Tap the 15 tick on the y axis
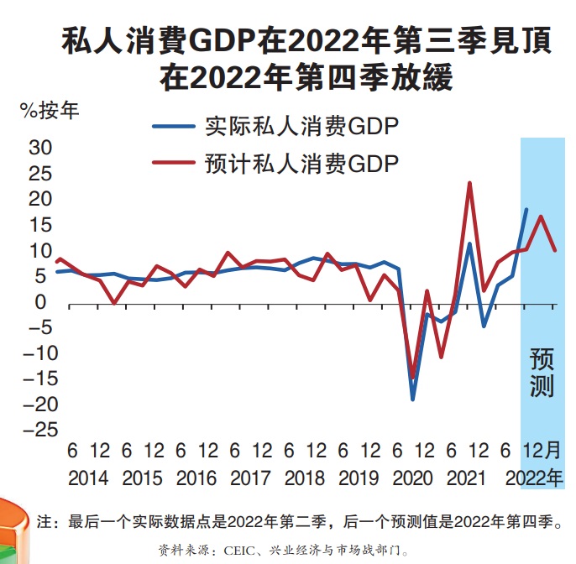(x=41, y=225)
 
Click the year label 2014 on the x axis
(x=88, y=479)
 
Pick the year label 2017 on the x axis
(x=250, y=479)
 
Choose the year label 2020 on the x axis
(x=412, y=479)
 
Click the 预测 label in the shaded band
(x=542, y=373)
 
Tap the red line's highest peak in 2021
(x=469, y=183)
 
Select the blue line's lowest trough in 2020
(x=413, y=399)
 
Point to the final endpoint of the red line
(x=554, y=249)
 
